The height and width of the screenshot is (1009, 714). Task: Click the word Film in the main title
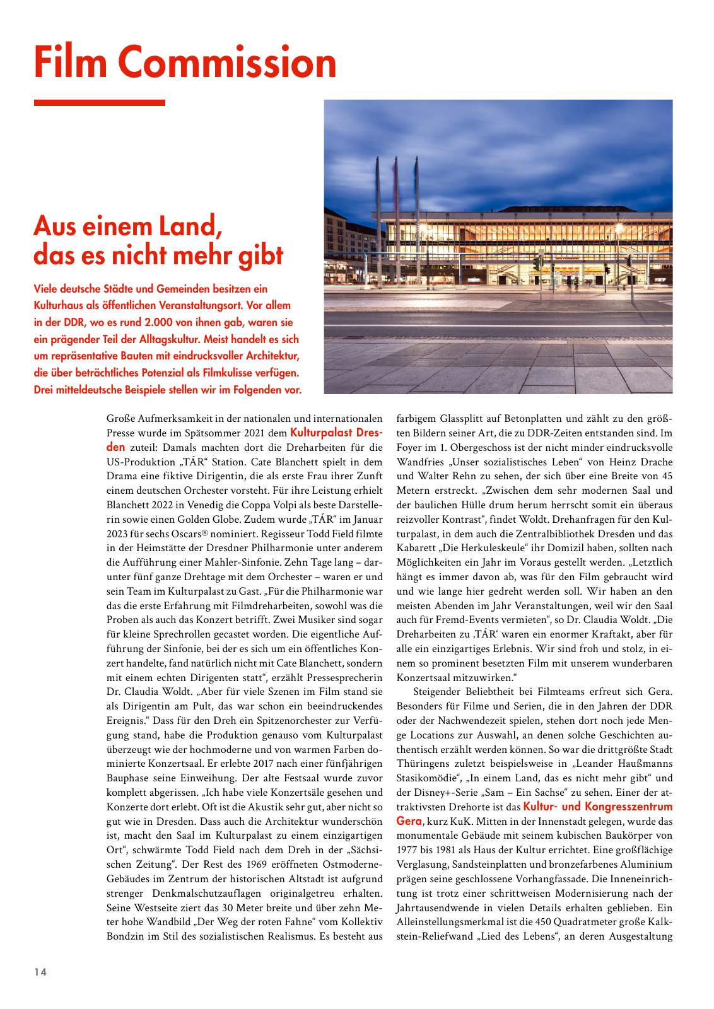tap(71, 62)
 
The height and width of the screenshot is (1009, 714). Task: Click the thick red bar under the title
tap(99, 103)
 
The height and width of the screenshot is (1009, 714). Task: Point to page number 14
tap(40, 972)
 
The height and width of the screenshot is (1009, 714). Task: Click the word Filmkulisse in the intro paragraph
tap(234, 373)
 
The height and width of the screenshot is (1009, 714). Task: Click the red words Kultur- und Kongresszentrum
tap(598, 807)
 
